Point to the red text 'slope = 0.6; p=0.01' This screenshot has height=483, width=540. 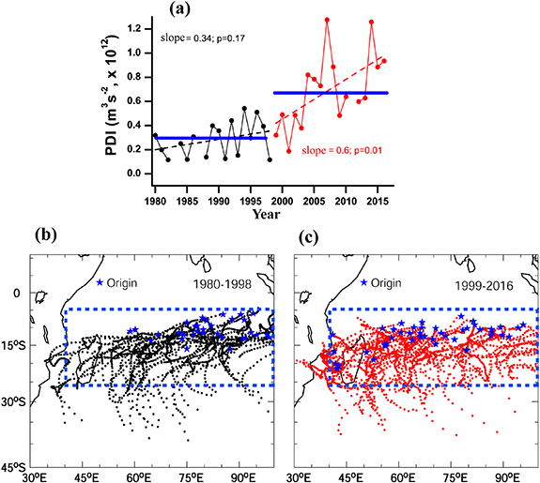pos(326,151)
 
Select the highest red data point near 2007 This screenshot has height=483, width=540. pos(327,20)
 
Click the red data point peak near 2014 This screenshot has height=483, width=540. pos(372,22)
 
